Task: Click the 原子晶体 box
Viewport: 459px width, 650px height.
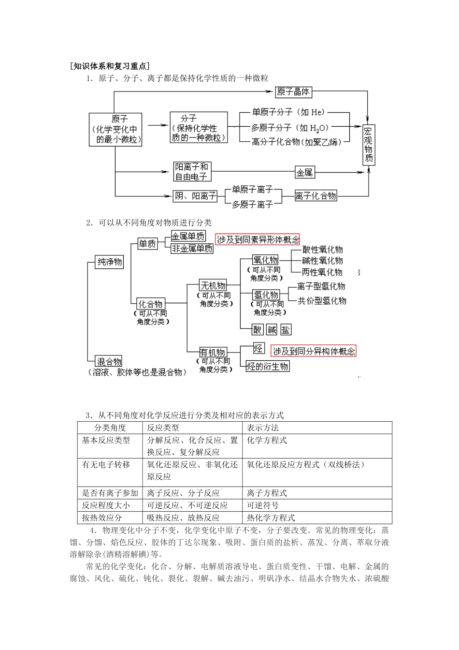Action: (x=293, y=91)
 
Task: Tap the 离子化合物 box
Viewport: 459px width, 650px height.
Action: (x=316, y=196)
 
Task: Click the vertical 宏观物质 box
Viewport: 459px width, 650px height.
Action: (x=369, y=145)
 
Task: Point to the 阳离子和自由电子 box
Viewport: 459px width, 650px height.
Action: (x=191, y=172)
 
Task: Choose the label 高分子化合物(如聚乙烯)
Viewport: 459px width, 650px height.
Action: (x=296, y=142)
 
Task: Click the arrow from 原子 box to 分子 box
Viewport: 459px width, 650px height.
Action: (x=156, y=125)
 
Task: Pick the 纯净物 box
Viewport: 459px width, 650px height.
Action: (x=110, y=262)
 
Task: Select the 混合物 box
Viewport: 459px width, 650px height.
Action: (x=109, y=361)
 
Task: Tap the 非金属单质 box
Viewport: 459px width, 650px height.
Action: (x=192, y=249)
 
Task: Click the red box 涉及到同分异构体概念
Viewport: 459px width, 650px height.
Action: (x=314, y=351)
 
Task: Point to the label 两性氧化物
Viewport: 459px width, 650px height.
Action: (x=322, y=272)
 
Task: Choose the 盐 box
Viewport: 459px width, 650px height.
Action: (x=286, y=330)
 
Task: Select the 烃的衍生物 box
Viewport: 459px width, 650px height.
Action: (x=268, y=366)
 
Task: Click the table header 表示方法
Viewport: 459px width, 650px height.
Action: (x=263, y=428)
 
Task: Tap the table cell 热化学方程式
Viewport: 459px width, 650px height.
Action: (x=271, y=518)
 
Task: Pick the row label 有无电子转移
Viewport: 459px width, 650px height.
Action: (x=106, y=464)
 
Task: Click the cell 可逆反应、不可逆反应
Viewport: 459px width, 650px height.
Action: (x=187, y=505)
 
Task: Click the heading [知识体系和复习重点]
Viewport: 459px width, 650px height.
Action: (x=110, y=66)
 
